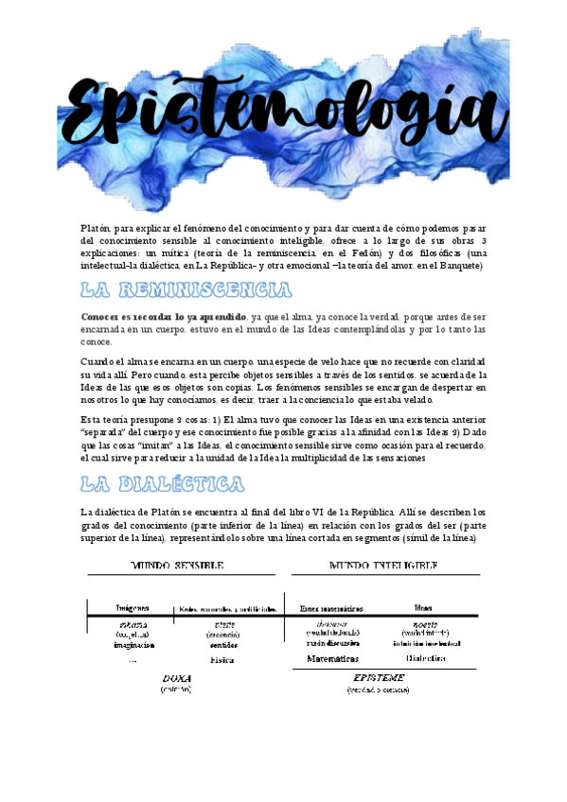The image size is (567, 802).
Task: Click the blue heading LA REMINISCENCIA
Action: [186, 289]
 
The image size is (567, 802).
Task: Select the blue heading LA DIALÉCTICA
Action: [162, 484]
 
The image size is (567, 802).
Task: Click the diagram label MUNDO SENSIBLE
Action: [177, 565]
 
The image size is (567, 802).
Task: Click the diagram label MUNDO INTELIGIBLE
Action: [382, 565]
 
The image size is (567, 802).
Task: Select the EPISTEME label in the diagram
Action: [379, 678]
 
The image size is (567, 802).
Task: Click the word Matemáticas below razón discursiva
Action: [332, 657]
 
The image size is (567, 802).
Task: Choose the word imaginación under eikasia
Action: [133, 645]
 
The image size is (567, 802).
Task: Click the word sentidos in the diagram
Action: [223, 645]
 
